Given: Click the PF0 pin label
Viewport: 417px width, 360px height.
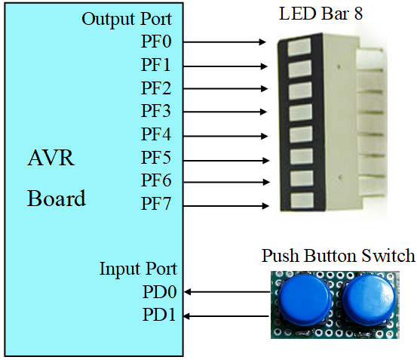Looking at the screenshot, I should point(156,42).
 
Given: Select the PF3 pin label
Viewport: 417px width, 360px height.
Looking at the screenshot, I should point(156,112).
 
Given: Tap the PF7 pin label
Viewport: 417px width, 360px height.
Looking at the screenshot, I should point(156,205).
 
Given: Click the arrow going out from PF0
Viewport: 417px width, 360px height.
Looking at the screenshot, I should point(224,42).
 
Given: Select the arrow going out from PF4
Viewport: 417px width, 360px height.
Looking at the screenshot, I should point(224,136).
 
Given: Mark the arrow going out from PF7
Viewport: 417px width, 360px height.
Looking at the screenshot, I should point(224,205).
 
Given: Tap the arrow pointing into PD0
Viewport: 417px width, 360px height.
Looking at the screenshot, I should point(226,291).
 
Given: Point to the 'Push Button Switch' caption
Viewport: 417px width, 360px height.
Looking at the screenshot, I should point(338,256).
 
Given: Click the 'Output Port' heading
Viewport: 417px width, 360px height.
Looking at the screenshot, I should point(136,19).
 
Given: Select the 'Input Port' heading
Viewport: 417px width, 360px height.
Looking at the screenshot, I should point(138,269).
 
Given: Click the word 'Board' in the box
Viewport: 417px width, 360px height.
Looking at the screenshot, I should point(57,198).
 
